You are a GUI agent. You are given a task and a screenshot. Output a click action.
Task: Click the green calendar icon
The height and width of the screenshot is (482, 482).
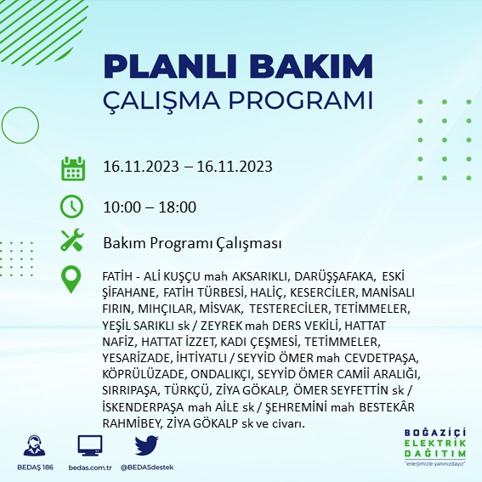pyautogui.click(x=72, y=168)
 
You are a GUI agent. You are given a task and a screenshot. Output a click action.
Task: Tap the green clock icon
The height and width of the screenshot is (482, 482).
pyautogui.click(x=72, y=207)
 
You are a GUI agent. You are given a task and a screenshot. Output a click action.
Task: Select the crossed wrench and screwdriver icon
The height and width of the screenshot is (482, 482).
pyautogui.click(x=72, y=242)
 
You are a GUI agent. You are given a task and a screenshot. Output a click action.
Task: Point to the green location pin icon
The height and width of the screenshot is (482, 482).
pyautogui.click(x=72, y=280)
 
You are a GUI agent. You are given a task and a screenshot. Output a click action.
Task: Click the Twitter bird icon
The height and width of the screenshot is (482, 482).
pyautogui.click(x=146, y=445)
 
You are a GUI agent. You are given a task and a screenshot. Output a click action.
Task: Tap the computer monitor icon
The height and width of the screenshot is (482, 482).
pyautogui.click(x=89, y=445)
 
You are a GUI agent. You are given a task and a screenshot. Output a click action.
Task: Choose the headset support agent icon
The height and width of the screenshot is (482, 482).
pyautogui.click(x=35, y=445)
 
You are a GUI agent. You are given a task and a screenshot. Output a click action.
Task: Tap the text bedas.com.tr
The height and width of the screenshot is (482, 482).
pyautogui.click(x=89, y=468)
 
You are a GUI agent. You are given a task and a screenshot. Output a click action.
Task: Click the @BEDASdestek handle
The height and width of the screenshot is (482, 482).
pyautogui.click(x=148, y=468)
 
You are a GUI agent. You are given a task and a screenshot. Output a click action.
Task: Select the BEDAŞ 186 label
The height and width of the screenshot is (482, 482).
pyautogui.click(x=35, y=468)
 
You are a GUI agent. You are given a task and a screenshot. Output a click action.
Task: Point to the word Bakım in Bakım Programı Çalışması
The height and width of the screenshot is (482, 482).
pyautogui.click(x=122, y=243)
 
